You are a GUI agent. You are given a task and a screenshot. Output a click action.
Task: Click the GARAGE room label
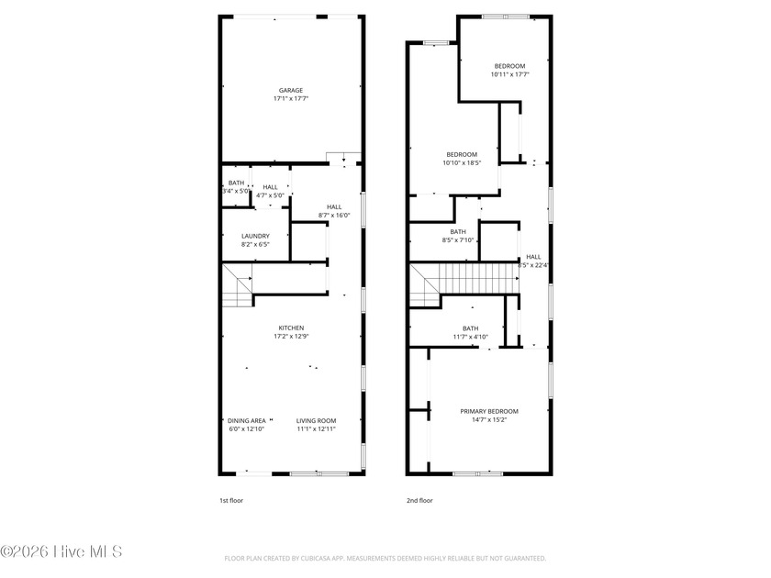tap(291, 90)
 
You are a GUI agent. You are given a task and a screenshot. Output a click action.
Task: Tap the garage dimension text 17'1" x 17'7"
tap(291, 98)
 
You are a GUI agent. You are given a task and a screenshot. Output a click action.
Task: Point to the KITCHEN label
tap(291, 328)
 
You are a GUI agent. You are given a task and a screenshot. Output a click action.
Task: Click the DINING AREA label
tap(246, 421)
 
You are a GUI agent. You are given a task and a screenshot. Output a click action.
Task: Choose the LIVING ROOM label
tap(316, 421)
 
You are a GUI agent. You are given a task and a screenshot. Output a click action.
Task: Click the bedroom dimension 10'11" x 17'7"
tap(509, 74)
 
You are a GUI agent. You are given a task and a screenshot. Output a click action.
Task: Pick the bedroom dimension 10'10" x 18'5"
tap(462, 162)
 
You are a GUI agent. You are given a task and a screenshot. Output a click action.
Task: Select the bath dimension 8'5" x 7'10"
tap(457, 240)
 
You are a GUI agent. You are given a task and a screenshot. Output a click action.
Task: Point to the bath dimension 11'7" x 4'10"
tap(470, 337)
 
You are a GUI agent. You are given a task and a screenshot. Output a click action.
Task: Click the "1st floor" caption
tap(230, 501)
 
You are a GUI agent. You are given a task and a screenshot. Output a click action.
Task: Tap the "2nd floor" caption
tap(419, 501)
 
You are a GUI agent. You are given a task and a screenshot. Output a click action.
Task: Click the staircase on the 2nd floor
tap(473, 278)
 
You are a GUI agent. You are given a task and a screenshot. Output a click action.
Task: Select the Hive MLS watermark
tap(61, 551)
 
